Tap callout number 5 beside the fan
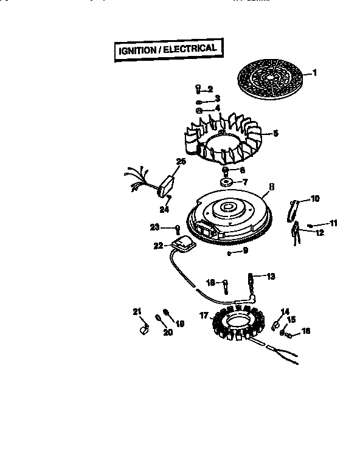(275, 133)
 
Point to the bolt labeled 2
(199, 89)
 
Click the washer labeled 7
(226, 181)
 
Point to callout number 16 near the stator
(305, 331)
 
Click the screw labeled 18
(226, 284)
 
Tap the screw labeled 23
(177, 229)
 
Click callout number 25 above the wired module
(181, 162)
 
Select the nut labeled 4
(199, 110)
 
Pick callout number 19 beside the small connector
(179, 323)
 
